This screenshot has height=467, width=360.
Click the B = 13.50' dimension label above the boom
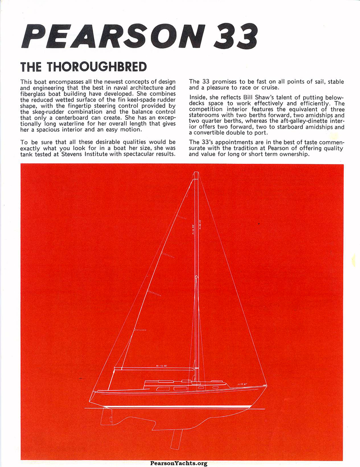(x=162, y=366)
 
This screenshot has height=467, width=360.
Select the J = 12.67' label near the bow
(x=242, y=384)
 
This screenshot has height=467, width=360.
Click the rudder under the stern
(x=108, y=416)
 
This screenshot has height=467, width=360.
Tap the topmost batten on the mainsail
(x=181, y=218)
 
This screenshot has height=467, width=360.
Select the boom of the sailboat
(x=155, y=369)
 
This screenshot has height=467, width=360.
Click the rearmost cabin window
(x=163, y=388)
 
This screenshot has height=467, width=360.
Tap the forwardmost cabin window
(x=216, y=387)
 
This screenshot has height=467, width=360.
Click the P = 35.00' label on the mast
(x=193, y=234)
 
